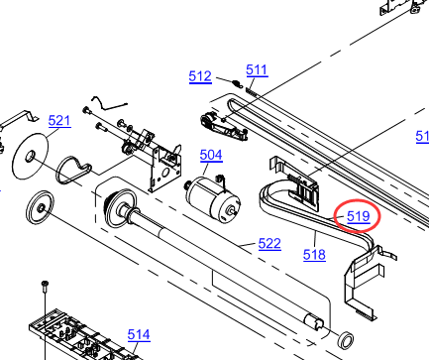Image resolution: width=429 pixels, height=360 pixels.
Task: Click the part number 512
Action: (x=200, y=76)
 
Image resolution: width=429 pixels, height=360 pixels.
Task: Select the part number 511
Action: (x=257, y=70)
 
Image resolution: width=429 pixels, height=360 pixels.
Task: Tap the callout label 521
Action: (x=59, y=121)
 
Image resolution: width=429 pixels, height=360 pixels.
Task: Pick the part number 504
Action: (x=211, y=155)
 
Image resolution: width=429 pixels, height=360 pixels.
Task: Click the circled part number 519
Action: (x=359, y=216)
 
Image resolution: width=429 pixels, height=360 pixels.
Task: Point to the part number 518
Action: (x=314, y=255)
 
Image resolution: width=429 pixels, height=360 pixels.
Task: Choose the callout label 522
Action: (x=269, y=244)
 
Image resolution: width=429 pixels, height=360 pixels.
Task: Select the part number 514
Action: (x=139, y=335)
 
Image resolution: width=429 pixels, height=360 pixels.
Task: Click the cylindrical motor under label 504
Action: (x=213, y=199)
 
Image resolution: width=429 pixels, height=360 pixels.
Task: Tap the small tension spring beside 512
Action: (x=236, y=82)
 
